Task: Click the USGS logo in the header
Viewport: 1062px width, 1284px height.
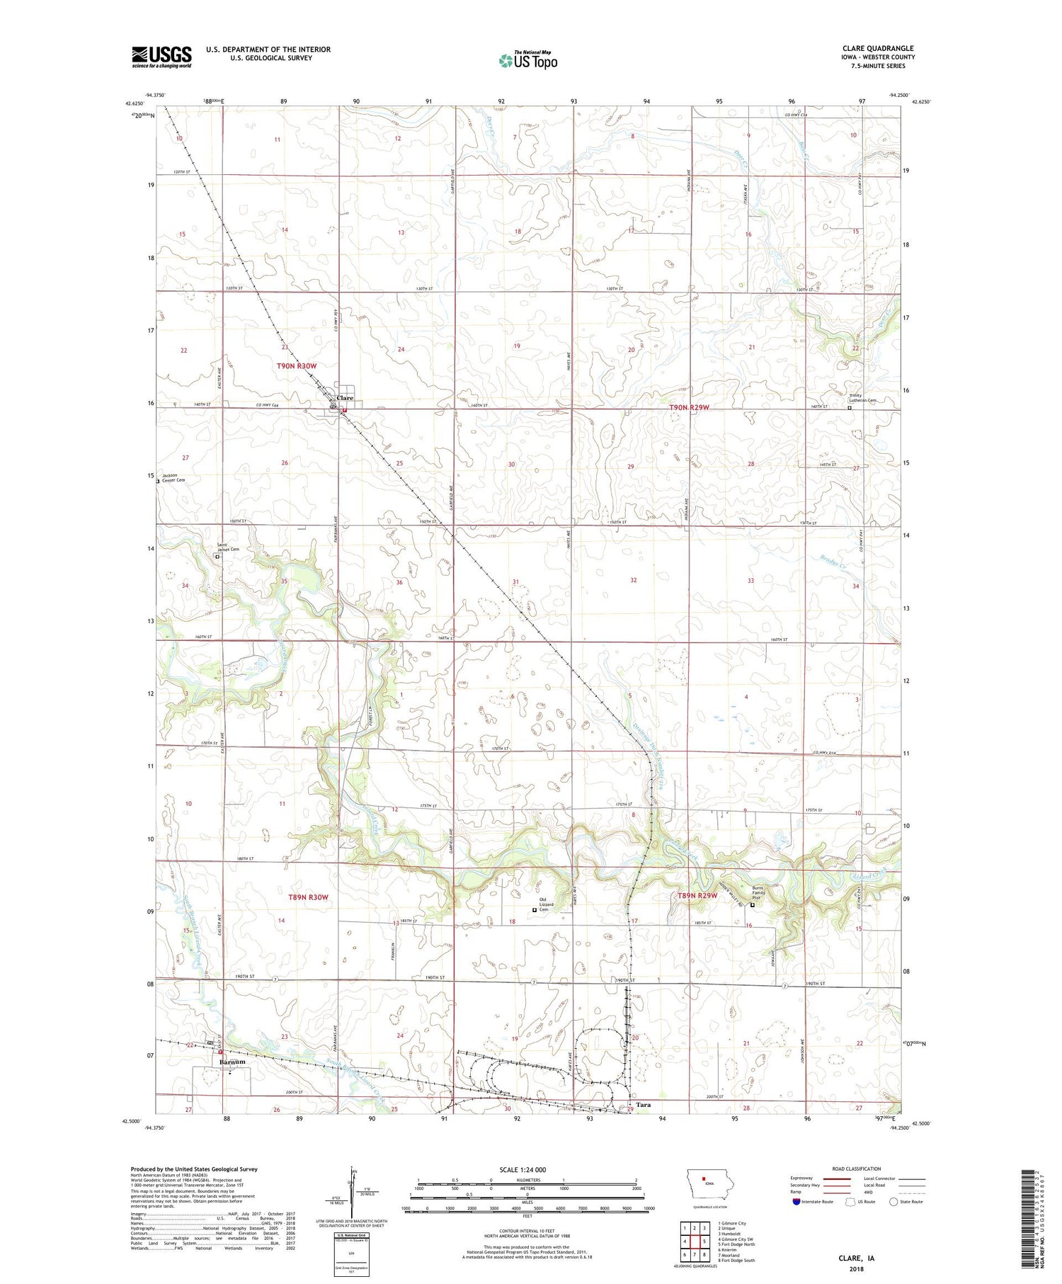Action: (x=161, y=57)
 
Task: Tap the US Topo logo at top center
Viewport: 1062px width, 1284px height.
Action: (x=527, y=60)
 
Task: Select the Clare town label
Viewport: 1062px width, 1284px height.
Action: (x=345, y=398)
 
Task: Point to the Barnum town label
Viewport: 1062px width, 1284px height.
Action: (x=232, y=1062)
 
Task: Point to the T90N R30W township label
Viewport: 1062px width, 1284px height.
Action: (x=297, y=365)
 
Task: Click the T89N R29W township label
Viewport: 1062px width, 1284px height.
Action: (x=697, y=895)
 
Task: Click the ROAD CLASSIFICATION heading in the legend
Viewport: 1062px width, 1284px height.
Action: (x=857, y=1169)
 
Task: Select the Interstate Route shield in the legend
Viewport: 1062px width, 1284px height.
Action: (x=796, y=1202)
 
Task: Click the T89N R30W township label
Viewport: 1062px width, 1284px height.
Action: (x=308, y=897)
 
